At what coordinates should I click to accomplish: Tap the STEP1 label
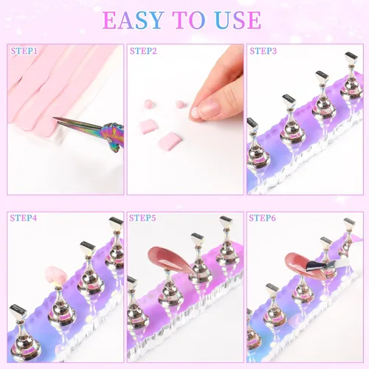[24, 52]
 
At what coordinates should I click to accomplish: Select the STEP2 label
[143, 52]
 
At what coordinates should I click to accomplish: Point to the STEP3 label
[263, 52]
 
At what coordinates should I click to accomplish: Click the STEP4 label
[24, 218]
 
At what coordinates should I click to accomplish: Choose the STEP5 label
[143, 218]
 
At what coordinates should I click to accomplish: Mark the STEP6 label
[263, 218]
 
